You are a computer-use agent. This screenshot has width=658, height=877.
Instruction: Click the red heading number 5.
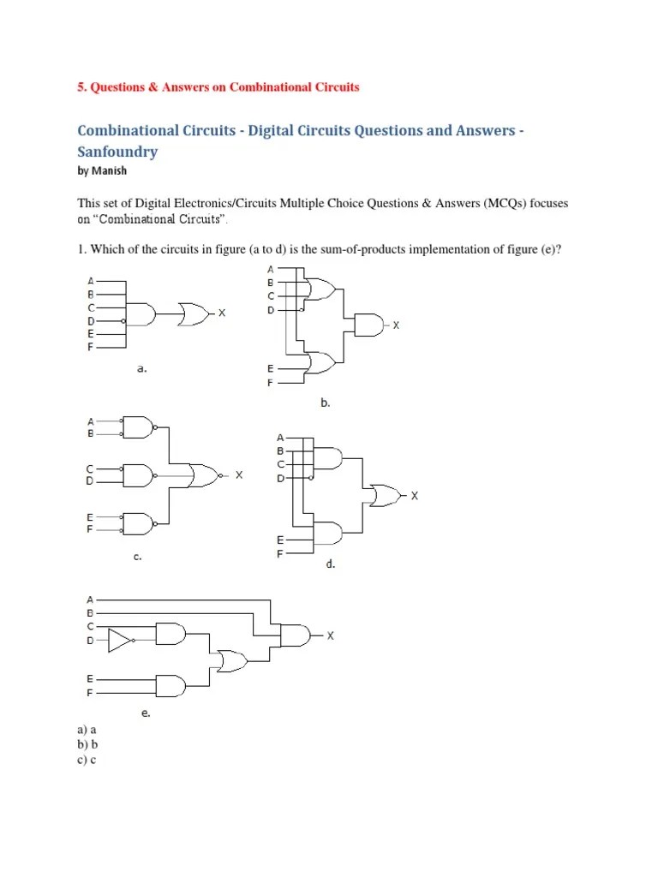[x=81, y=87]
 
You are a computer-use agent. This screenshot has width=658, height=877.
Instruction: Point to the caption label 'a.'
[x=142, y=369]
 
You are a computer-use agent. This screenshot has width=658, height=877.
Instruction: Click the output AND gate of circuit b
[x=368, y=325]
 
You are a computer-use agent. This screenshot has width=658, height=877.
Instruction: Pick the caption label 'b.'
[x=326, y=401]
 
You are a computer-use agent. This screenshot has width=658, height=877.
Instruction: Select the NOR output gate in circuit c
[x=204, y=474]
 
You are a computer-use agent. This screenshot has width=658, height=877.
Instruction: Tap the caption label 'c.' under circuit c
[x=136, y=557]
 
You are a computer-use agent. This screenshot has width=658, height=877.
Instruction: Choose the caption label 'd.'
[x=329, y=564]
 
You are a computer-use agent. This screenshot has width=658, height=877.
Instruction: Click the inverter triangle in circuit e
[x=120, y=639]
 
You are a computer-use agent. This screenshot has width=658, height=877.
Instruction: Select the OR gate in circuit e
[x=231, y=661]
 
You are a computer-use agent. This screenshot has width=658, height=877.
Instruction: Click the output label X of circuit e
[x=330, y=635]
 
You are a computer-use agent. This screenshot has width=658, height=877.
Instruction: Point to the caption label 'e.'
[x=146, y=713]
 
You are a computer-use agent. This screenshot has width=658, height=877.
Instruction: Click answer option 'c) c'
[x=86, y=760]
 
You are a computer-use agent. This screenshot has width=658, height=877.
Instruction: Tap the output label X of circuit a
[x=221, y=313]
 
